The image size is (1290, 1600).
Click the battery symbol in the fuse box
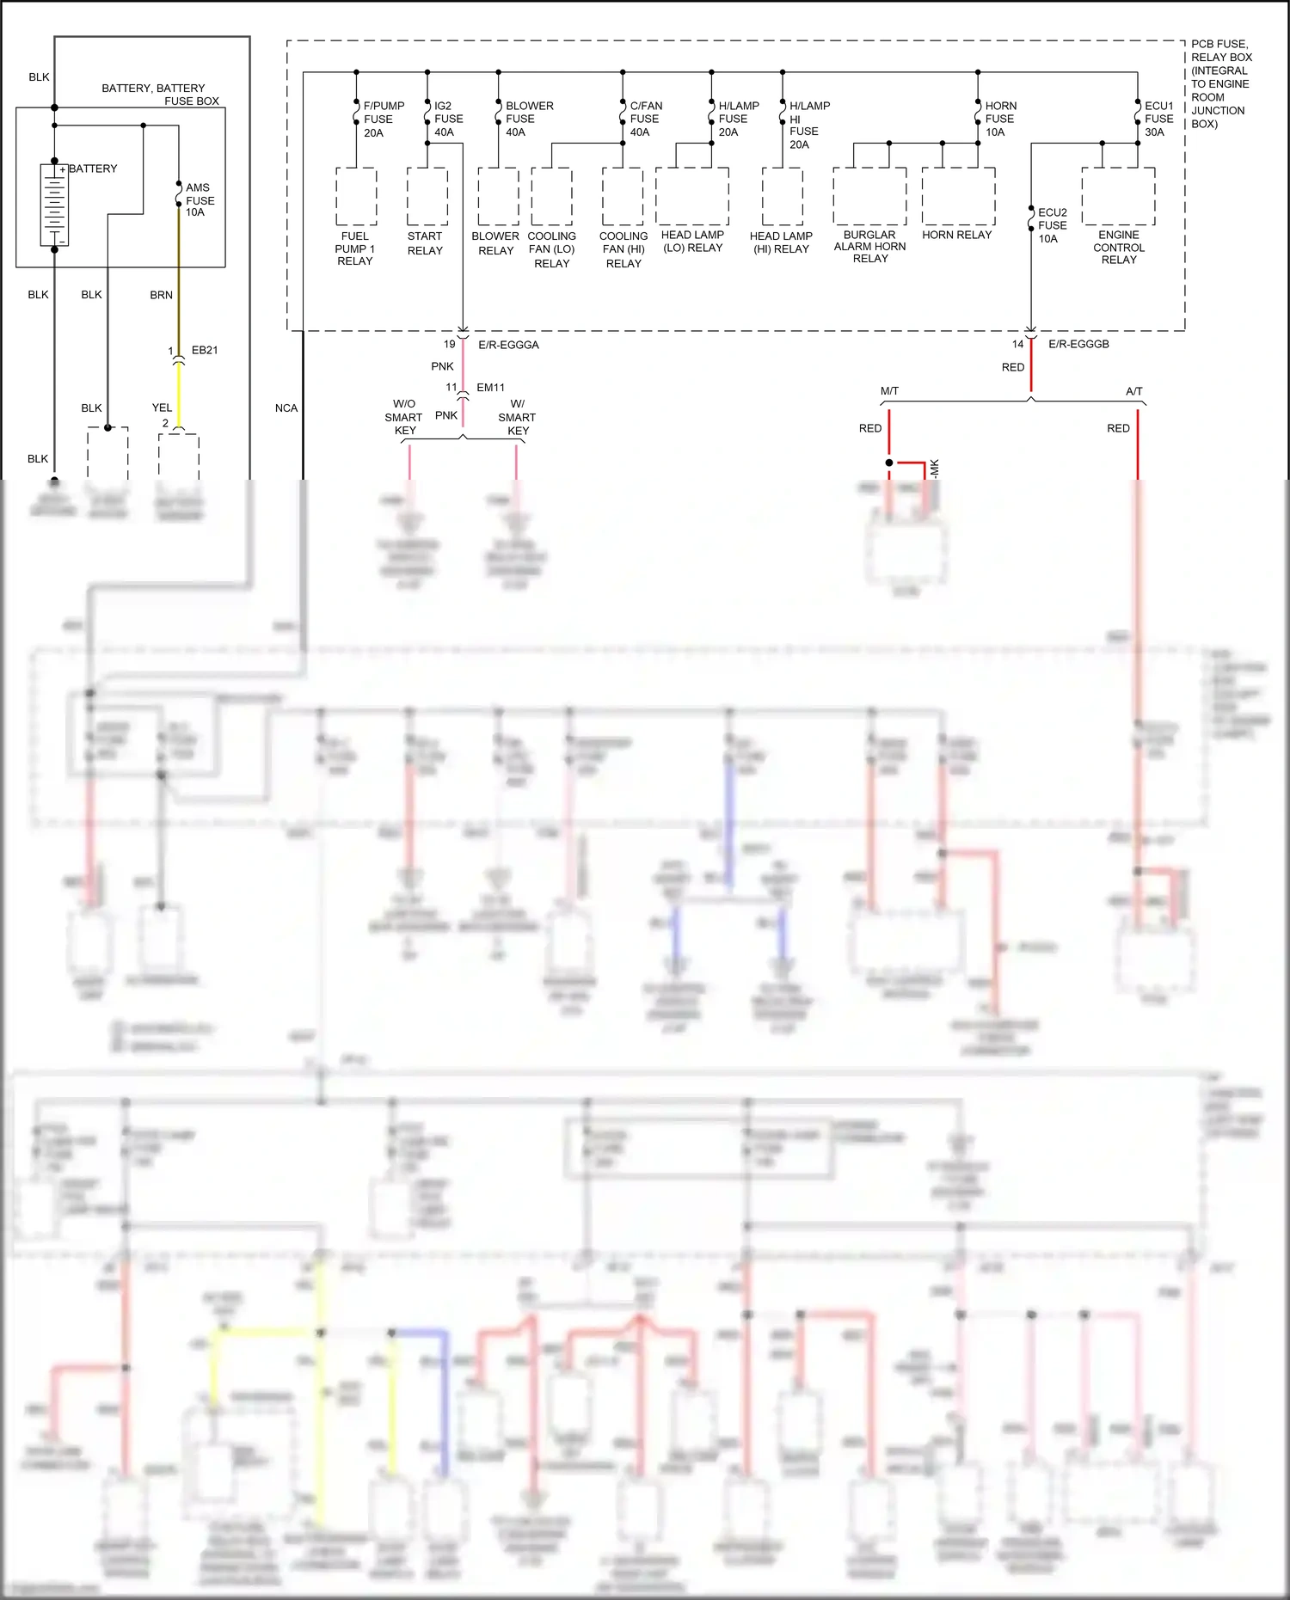(54, 205)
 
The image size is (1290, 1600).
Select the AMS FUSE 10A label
(200, 199)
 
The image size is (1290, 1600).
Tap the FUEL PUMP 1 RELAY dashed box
(356, 196)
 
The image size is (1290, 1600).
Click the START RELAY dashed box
(427, 196)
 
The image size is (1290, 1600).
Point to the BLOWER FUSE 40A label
(528, 119)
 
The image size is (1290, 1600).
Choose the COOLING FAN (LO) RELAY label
(551, 249)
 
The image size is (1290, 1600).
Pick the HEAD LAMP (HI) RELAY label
(781, 242)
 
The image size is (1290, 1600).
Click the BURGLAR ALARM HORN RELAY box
(869, 196)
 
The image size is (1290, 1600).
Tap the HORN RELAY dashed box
(958, 196)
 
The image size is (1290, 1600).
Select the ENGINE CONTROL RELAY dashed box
(1118, 196)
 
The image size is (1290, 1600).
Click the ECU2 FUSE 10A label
(1052, 225)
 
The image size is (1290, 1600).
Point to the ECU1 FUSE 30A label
(1158, 119)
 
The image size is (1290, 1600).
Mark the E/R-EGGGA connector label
(508, 345)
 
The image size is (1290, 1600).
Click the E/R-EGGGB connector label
(1078, 344)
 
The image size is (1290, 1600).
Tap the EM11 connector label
(490, 388)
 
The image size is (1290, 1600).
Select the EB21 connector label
(205, 350)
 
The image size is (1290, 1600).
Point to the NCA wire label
(286, 408)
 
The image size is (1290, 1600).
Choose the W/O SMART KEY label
(404, 417)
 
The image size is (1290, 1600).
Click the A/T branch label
(1133, 391)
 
